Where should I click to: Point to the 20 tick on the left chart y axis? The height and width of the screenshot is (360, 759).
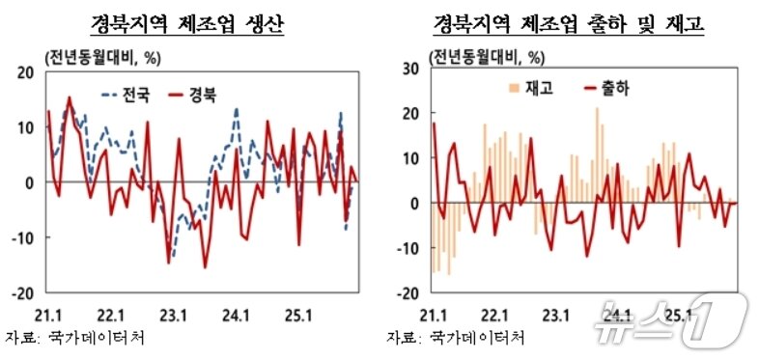(x=26, y=71)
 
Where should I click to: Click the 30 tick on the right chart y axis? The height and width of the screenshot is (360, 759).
(x=409, y=68)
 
